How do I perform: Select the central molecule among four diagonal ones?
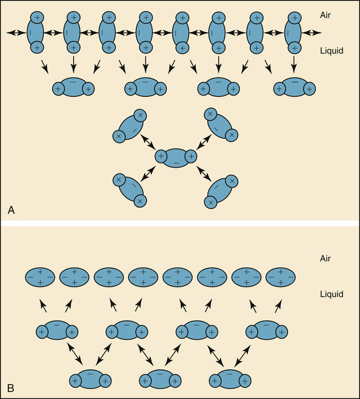(x=176, y=157)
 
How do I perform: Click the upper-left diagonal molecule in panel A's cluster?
(x=129, y=126)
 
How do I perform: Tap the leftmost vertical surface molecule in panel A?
(x=37, y=33)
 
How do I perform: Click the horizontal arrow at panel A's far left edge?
(x=16, y=33)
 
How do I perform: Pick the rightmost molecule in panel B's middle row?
(x=268, y=331)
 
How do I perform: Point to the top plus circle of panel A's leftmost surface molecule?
(x=37, y=17)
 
